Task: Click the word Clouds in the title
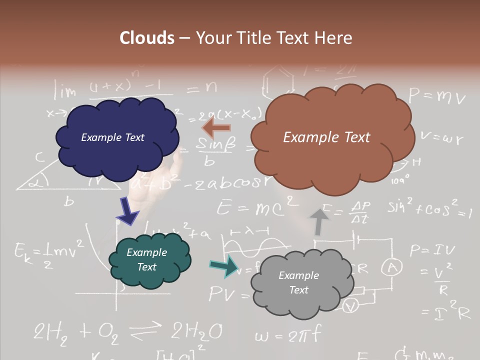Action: point(147,38)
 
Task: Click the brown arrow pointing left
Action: point(216,127)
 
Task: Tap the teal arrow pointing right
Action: point(223,266)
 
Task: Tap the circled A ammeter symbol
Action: point(392,268)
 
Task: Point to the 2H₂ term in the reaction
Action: point(52,331)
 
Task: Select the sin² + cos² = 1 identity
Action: point(429,208)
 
